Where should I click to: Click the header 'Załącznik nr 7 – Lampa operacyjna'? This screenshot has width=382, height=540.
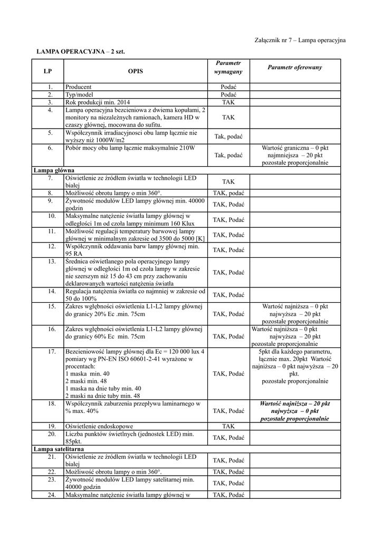coord(300,40)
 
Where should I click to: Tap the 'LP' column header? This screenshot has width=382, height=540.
coord(47,71)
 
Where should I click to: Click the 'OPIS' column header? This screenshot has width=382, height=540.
coord(135,71)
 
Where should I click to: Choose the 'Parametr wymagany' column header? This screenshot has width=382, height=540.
coord(228,67)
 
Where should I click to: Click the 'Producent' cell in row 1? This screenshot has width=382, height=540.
coord(79,86)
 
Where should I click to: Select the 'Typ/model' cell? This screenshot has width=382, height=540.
coord(79,94)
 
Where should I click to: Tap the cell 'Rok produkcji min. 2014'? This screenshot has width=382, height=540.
coord(98,102)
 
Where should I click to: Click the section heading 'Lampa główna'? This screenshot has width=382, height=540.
coord(53,171)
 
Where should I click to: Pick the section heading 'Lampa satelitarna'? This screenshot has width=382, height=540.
coord(59,448)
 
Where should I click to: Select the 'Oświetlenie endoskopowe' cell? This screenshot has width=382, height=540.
coord(98,426)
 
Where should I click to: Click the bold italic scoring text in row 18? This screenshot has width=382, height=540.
coord(294,411)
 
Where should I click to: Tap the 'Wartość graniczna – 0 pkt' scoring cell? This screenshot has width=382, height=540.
coord(294,156)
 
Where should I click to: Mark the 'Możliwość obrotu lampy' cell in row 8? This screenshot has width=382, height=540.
coord(113,193)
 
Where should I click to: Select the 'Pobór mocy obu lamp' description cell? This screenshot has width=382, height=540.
coord(130,148)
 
